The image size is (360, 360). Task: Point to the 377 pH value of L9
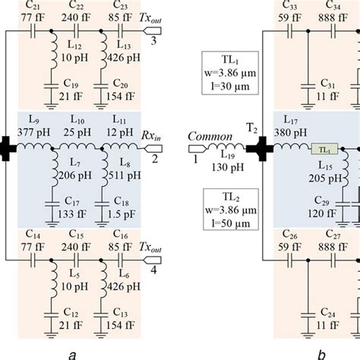click(x=40, y=128)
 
